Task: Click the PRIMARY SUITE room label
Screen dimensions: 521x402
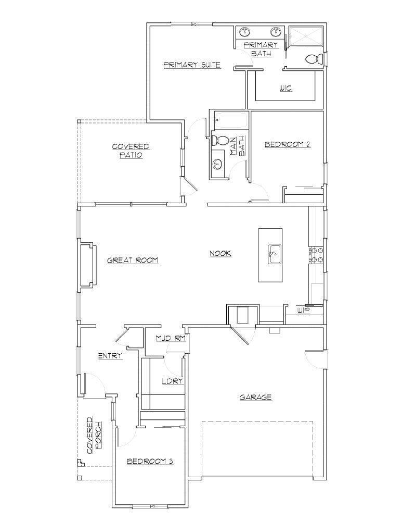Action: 192,65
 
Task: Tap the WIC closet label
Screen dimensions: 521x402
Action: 285,88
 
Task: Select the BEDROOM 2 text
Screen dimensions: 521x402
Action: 287,144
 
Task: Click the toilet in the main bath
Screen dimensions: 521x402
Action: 221,140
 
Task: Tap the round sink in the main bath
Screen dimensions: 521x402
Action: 217,165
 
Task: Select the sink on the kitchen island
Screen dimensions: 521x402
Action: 274,255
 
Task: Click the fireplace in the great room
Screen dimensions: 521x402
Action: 87,264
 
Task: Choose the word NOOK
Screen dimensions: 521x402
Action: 220,254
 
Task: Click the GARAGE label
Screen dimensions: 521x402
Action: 255,397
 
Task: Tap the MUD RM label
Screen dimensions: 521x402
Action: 171,339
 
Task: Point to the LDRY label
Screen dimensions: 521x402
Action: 172,381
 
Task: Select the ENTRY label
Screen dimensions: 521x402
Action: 110,356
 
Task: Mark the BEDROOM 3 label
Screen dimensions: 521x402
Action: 150,461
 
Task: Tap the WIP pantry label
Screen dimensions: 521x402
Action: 303,311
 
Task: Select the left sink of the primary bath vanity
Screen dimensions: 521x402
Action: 244,32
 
